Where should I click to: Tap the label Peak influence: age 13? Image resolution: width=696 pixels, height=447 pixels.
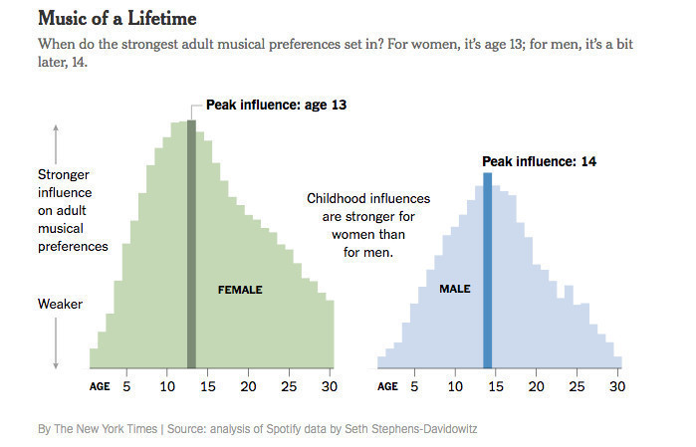pyautogui.click(x=276, y=105)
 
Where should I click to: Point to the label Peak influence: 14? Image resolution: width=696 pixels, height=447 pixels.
pyautogui.click(x=539, y=161)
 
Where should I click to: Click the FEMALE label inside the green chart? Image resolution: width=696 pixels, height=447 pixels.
pyautogui.click(x=240, y=290)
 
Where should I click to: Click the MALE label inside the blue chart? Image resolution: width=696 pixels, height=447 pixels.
pyautogui.click(x=454, y=289)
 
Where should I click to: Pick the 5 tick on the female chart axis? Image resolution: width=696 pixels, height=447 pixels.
pyautogui.click(x=126, y=385)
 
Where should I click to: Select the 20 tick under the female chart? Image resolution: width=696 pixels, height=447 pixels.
pyautogui.click(x=248, y=385)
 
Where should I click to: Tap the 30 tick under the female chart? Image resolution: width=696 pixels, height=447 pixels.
pyautogui.click(x=329, y=385)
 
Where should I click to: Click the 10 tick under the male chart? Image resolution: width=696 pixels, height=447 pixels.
pyautogui.click(x=455, y=385)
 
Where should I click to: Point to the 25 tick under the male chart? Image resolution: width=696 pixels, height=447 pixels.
pyautogui.click(x=577, y=385)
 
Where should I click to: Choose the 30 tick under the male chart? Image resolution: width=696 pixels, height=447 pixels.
pyautogui.click(x=616, y=385)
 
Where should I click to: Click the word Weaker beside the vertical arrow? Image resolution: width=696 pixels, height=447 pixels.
pyautogui.click(x=59, y=304)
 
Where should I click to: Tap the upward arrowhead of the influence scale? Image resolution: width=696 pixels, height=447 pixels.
pyautogui.click(x=56, y=127)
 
